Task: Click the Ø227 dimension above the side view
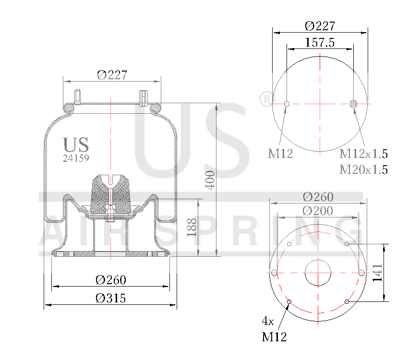point(112,75)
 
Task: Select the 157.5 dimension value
point(319,42)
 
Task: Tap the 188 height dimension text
point(192,228)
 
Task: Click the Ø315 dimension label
point(110,298)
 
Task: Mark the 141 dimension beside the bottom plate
point(377,273)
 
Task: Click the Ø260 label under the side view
point(110,280)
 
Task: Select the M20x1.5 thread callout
point(363,169)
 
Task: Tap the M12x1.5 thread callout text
point(363,154)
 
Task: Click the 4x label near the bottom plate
point(268,320)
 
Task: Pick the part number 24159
point(76,157)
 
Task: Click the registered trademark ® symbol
point(264,99)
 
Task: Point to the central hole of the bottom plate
point(317,273)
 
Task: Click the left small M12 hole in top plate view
point(287,104)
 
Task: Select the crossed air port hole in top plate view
point(354,104)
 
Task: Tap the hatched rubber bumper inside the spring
point(110,194)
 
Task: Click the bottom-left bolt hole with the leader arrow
point(289,301)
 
